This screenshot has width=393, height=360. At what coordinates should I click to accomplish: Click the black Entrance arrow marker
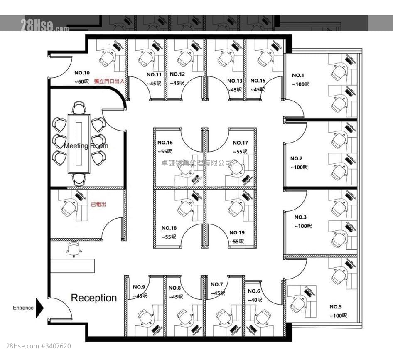click(x=39, y=308)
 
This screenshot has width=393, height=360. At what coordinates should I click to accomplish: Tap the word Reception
click(x=93, y=298)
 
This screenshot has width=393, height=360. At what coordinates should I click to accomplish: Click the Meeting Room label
click(x=86, y=146)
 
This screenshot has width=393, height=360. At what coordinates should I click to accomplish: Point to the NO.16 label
click(x=165, y=143)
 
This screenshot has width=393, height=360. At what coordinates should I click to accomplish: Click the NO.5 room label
click(x=336, y=307)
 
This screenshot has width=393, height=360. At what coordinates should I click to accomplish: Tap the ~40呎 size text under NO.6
click(x=255, y=300)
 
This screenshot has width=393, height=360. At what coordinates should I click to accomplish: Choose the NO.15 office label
click(x=258, y=81)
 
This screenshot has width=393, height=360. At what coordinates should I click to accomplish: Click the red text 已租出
click(x=98, y=205)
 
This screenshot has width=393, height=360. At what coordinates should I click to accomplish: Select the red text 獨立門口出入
click(x=109, y=81)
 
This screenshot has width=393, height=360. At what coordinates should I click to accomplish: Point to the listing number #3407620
click(x=56, y=346)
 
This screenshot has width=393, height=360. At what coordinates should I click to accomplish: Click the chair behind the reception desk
click(x=74, y=249)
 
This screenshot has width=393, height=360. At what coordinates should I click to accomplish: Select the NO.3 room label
click(x=300, y=217)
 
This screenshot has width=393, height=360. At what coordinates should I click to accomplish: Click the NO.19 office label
click(x=237, y=232)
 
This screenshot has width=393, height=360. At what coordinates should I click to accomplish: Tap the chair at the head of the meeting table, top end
click(x=79, y=108)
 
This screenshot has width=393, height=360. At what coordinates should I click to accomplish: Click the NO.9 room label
click(x=139, y=287)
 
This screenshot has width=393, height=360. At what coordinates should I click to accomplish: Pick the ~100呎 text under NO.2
click(x=299, y=167)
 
